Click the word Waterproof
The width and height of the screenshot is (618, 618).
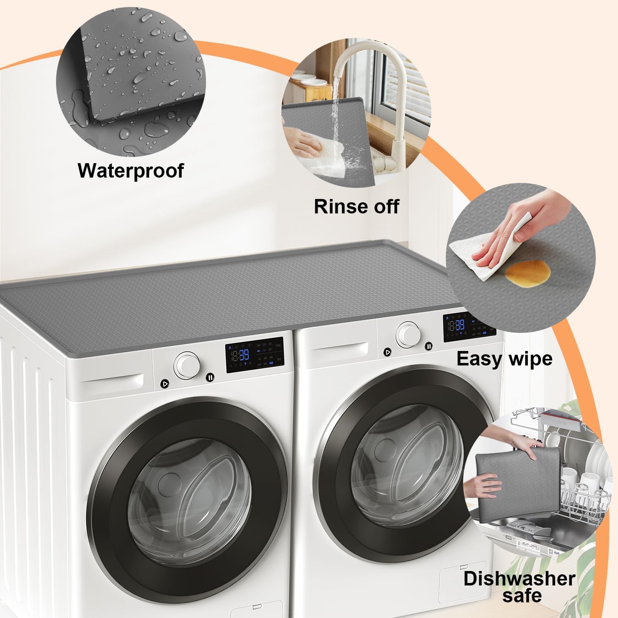coord(131,170)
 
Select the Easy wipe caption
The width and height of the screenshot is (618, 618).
coord(504,358)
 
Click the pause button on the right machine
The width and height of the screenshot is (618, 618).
coord(429,346)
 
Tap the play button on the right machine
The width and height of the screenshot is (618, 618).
coord(387,352)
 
